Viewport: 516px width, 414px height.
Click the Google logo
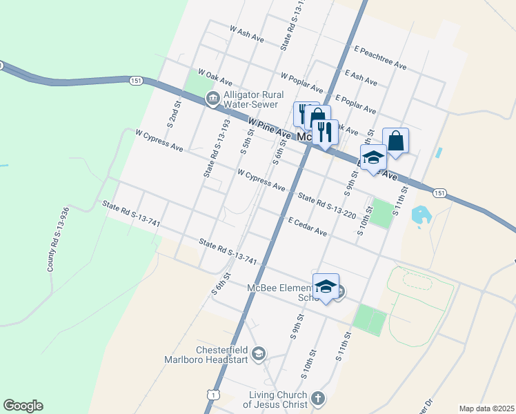23,406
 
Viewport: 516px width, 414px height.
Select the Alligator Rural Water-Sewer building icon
212,99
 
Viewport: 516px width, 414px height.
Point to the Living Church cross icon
317,398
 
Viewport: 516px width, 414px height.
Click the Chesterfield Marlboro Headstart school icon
259,354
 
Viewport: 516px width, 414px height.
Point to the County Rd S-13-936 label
57,239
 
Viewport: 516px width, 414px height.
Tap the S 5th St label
246,142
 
